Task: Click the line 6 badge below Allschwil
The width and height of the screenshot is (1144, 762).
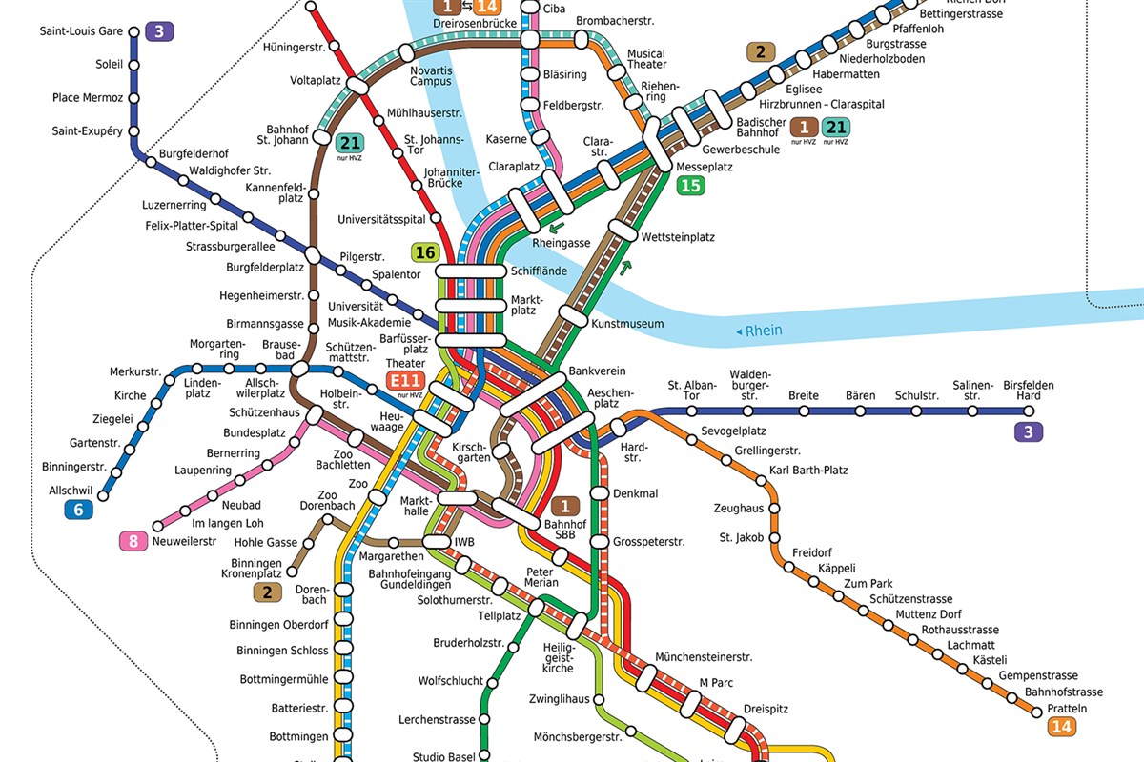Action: coord(78,511)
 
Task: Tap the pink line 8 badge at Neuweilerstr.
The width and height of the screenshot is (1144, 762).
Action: coord(133,542)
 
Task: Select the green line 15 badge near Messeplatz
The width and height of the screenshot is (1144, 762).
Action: coord(690,186)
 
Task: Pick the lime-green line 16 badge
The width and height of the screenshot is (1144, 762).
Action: coord(425,252)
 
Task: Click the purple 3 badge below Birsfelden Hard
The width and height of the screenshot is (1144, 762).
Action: coord(1028,431)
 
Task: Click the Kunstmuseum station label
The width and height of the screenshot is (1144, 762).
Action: coord(627,324)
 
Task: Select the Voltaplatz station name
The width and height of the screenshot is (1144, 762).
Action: coord(316,81)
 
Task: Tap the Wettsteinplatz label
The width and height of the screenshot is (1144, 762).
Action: coord(678,237)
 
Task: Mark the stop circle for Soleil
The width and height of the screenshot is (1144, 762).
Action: coord(133,66)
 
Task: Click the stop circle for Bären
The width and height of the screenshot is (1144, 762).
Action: coord(859,411)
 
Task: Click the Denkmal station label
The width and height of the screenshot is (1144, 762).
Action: coord(636,493)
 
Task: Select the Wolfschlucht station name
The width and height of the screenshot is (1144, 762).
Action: coord(451,681)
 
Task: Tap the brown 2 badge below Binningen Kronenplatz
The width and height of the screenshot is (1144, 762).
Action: coord(268,592)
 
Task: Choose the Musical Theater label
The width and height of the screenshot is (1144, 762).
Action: coord(646,59)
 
